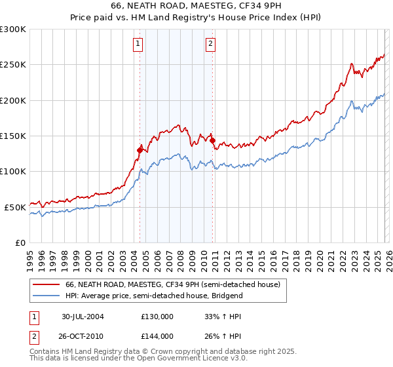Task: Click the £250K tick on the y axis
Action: click(13, 65)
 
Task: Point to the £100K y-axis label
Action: click(13, 172)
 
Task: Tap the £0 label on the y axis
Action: click(21, 242)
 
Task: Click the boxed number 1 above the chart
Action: click(139, 45)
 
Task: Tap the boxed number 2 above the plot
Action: click(210, 45)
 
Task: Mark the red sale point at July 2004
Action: click(140, 150)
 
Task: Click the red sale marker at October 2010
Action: click(212, 140)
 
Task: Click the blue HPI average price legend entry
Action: click(154, 296)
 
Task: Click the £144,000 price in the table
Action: click(157, 336)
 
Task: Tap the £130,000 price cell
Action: click(157, 317)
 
